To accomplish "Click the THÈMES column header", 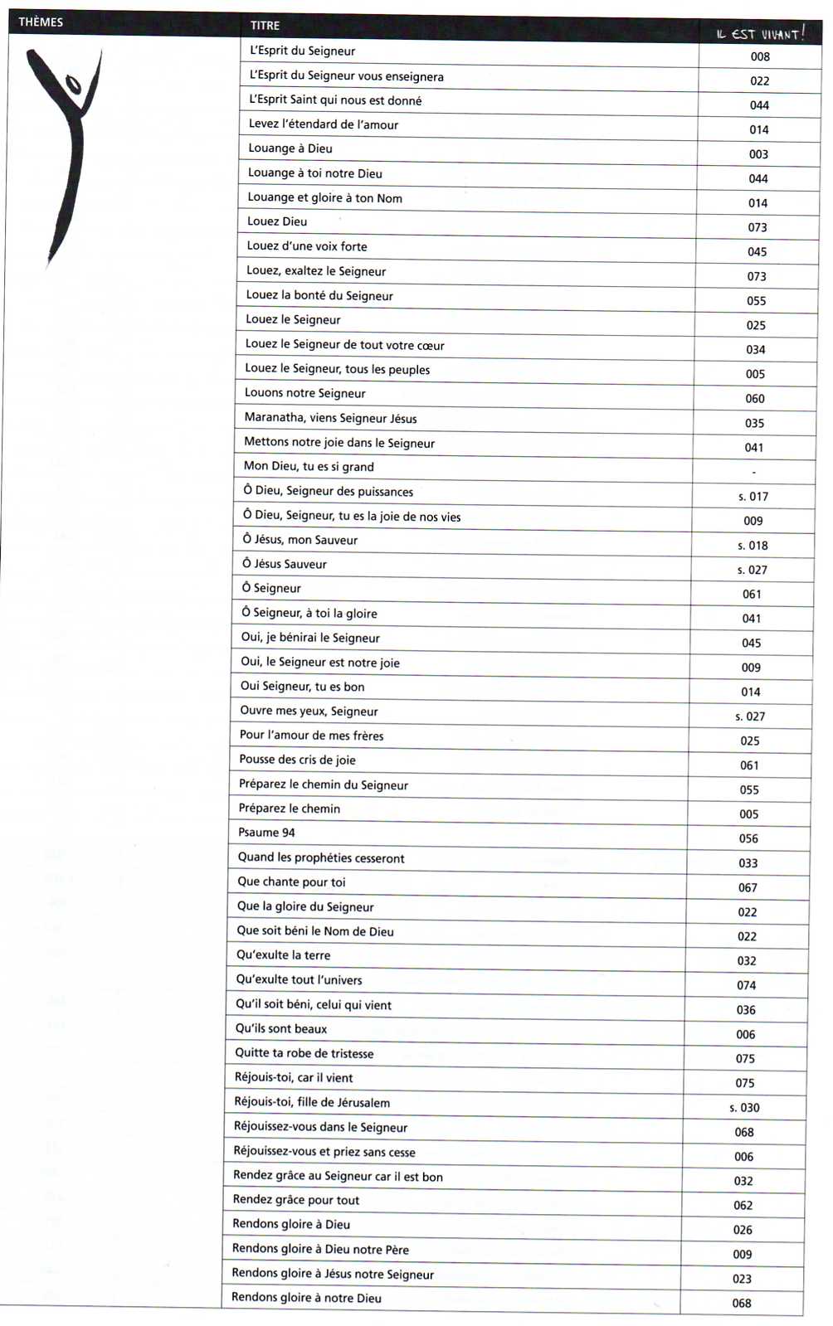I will pyautogui.click(x=41, y=22).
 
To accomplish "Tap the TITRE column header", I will pyautogui.click(x=265, y=26).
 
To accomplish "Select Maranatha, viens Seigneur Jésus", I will pyautogui.click(x=330, y=418).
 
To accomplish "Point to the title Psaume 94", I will pyautogui.click(x=266, y=833).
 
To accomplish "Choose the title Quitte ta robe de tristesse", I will pyautogui.click(x=304, y=1053).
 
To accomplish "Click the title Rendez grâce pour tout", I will pyautogui.click(x=295, y=1200).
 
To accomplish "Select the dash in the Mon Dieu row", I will pyautogui.click(x=753, y=472).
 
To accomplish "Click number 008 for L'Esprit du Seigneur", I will pyautogui.click(x=760, y=56).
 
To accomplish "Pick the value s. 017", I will pyautogui.click(x=753, y=497).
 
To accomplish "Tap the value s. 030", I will pyautogui.click(x=744, y=1108).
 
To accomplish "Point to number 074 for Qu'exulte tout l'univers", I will pyautogui.click(x=746, y=985).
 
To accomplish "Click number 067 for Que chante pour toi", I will pyautogui.click(x=748, y=887).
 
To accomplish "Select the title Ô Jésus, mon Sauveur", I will pyautogui.click(x=300, y=540).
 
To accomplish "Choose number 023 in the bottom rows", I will pyautogui.click(x=742, y=1279).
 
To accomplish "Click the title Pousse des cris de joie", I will pyautogui.click(x=297, y=760).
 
